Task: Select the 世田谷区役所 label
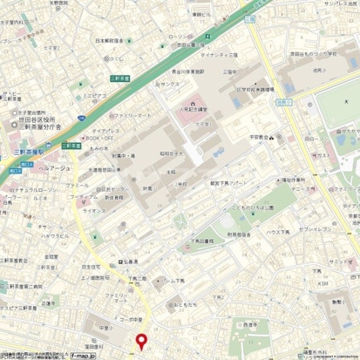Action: click(x=37, y=119)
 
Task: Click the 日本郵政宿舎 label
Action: click(x=111, y=40)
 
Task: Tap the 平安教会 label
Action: click(x=260, y=137)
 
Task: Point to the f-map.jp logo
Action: click(x=83, y=356)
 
